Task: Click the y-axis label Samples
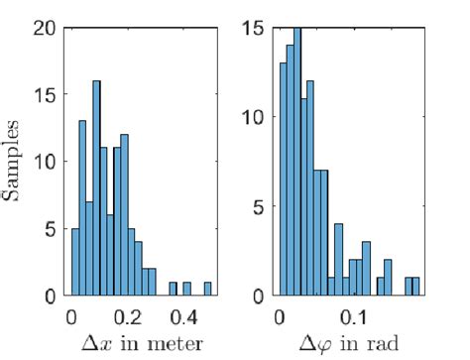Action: (12, 162)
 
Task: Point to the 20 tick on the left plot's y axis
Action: (42, 28)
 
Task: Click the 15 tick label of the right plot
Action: (253, 28)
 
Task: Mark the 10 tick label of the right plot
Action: (253, 117)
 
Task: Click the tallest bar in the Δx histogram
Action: (96, 188)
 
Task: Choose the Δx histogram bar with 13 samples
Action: (81, 208)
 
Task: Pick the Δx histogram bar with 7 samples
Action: (89, 248)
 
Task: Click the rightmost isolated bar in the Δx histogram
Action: (208, 289)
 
